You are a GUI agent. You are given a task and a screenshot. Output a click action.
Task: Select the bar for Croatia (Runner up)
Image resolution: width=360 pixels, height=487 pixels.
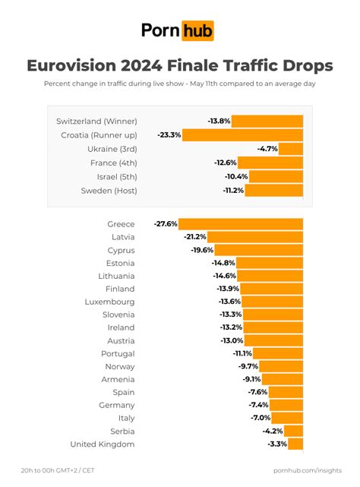coord(243,134)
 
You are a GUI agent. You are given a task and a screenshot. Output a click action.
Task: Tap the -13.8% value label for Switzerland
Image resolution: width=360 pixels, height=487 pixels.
coord(219,121)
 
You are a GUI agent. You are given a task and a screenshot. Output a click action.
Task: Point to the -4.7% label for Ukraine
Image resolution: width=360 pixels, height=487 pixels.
coord(267,149)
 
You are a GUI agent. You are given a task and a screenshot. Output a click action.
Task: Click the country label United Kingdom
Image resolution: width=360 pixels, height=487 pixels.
coord(102,444)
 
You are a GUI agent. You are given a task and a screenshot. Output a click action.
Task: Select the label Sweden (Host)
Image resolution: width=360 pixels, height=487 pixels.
coord(109,190)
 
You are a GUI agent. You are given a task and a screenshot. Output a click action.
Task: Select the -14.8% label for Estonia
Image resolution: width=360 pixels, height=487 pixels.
coord(223,263)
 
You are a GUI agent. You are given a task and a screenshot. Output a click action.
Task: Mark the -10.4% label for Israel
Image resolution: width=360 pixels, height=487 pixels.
coord(236,176)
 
